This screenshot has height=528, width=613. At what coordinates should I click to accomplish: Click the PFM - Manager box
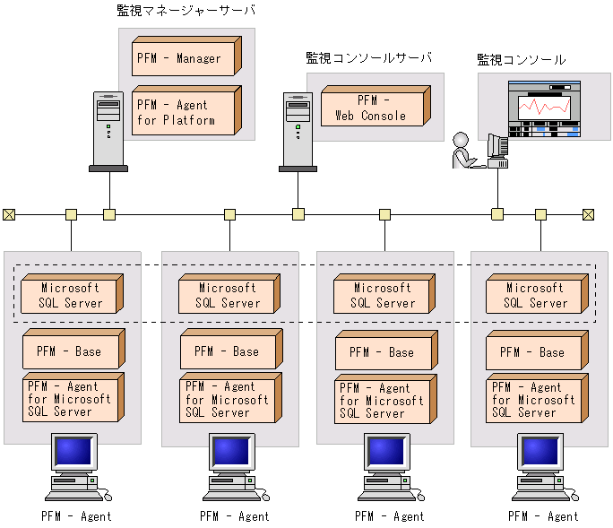[183, 58]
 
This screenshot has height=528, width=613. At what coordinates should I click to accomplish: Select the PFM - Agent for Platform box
[183, 112]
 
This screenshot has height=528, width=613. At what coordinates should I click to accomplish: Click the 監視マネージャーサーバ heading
[186, 11]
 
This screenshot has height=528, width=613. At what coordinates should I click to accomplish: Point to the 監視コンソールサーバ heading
[369, 58]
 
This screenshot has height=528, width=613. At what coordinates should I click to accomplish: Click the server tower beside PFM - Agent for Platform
[108, 130]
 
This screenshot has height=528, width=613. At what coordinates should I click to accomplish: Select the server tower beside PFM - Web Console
[298, 130]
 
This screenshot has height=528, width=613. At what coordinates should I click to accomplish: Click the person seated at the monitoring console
[463, 151]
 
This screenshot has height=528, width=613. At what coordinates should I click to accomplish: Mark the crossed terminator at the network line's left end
[9, 214]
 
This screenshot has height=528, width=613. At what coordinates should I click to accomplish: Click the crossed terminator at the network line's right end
[589, 214]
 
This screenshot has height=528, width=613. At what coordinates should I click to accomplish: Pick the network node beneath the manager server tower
[109, 214]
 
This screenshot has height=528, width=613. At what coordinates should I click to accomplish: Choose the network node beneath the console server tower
[298, 214]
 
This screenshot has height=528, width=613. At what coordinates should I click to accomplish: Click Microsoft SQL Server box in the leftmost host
[70, 295]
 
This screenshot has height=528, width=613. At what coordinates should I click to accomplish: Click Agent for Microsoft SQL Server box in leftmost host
[70, 399]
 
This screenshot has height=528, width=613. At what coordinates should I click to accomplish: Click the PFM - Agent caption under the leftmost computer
[76, 516]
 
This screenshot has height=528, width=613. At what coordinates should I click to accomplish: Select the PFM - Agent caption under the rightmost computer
[543, 516]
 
